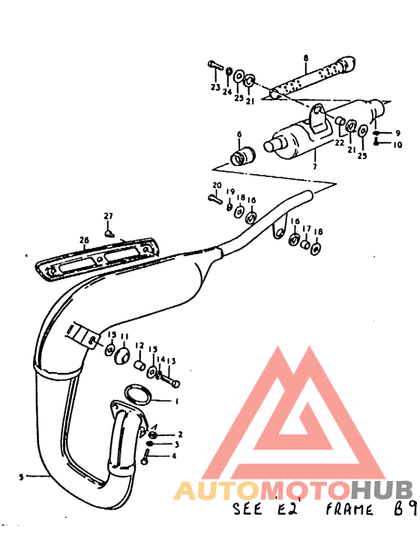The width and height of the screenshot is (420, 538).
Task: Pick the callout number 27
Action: [x=108, y=216]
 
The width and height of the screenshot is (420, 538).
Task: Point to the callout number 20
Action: [x=217, y=185]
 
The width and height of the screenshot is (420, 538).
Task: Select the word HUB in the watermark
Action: [x=382, y=491]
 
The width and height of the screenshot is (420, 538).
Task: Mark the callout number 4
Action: [x=175, y=455]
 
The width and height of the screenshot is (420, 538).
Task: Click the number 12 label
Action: [x=139, y=346]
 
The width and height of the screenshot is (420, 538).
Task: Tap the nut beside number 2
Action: [x=153, y=434]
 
